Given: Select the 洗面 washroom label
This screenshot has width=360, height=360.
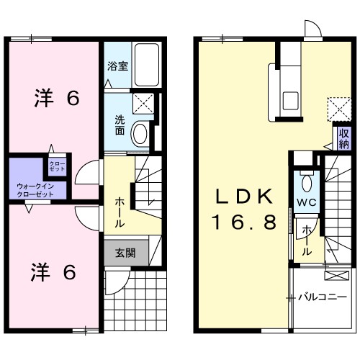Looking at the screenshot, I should point(119,126).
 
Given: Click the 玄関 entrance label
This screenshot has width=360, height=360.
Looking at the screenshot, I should point(122,253).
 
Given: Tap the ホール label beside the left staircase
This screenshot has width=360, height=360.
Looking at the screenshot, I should point(118,209).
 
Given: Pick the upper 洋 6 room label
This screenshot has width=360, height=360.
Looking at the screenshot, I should point(55,99).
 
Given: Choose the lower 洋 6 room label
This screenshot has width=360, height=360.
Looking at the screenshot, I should point(55,273).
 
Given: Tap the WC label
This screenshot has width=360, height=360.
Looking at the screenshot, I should point(307,203).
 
